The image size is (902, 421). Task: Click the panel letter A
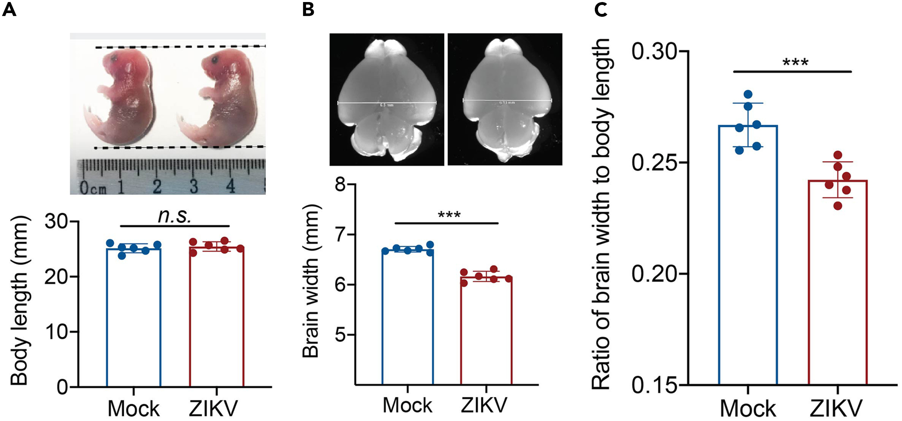point(9,9)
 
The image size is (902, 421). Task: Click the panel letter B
point(308,9)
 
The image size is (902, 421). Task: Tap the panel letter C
point(601,9)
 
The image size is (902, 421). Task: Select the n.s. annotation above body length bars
point(174,216)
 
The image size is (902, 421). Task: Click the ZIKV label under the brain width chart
point(484,405)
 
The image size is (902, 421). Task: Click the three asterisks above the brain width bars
point(449,215)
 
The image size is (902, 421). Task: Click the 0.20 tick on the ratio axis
point(652,274)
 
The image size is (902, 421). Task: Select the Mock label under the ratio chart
point(748,408)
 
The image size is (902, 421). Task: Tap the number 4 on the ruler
point(230,186)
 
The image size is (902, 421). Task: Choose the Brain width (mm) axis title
point(311,282)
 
